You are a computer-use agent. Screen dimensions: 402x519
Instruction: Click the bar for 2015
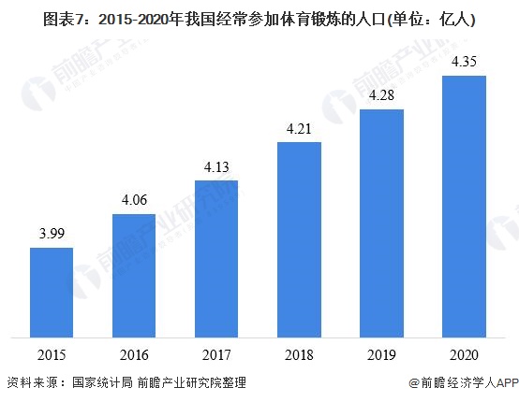[52, 291]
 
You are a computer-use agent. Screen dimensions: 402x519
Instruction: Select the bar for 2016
[134, 275]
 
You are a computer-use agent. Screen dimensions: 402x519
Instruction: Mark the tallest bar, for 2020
[464, 206]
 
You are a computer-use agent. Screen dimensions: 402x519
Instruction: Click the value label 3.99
[52, 234]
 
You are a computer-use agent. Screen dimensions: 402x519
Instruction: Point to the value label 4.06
[134, 201]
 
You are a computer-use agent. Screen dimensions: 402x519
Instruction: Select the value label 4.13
[216, 167]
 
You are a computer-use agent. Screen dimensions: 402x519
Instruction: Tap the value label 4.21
[299, 129]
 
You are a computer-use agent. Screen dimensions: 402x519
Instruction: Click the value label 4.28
[381, 96]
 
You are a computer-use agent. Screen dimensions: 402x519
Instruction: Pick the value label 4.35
[464, 62]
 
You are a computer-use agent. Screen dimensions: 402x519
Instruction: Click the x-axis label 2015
[52, 355]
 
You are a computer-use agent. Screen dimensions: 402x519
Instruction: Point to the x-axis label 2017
[216, 355]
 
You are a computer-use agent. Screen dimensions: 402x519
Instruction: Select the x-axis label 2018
[299, 355]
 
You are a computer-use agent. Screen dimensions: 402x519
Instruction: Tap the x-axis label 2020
[464, 355]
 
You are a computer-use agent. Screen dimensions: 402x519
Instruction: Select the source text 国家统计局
[103, 383]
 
